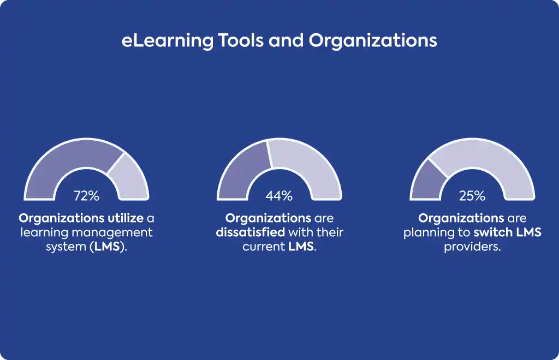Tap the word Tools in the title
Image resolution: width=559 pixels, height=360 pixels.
coord(241,40)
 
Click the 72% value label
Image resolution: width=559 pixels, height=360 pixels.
coord(87,196)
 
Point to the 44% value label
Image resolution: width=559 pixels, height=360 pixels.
coord(279,196)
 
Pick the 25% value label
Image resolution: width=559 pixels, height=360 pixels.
coord(472,196)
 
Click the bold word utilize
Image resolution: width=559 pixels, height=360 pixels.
coord(126,218)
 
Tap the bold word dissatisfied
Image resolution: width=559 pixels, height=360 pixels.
coord(250,232)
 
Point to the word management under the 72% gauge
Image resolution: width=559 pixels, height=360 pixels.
coord(112,233)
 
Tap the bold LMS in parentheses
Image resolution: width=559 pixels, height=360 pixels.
coord(106,247)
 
